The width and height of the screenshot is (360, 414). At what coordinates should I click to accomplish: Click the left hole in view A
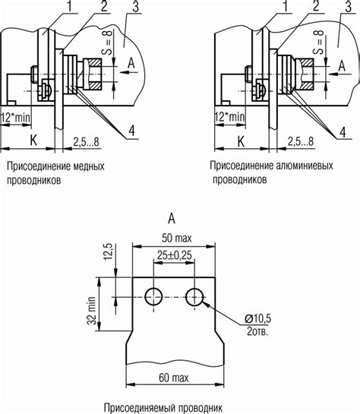[x=153, y=296]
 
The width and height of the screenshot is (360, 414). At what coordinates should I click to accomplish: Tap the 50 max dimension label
[x=176, y=239]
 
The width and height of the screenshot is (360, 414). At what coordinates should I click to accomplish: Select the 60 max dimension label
[x=174, y=378]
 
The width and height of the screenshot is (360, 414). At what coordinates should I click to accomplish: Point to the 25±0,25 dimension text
[x=175, y=255]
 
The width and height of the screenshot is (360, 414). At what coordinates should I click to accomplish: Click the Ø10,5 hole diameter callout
[x=257, y=319]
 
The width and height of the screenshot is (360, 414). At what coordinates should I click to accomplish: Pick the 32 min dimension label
[x=91, y=311]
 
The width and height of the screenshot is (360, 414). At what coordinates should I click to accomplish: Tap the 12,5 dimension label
[x=109, y=251]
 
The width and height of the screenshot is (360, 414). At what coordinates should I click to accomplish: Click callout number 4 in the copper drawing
[x=131, y=131]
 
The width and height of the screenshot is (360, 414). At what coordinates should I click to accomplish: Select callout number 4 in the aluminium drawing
[x=343, y=131]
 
